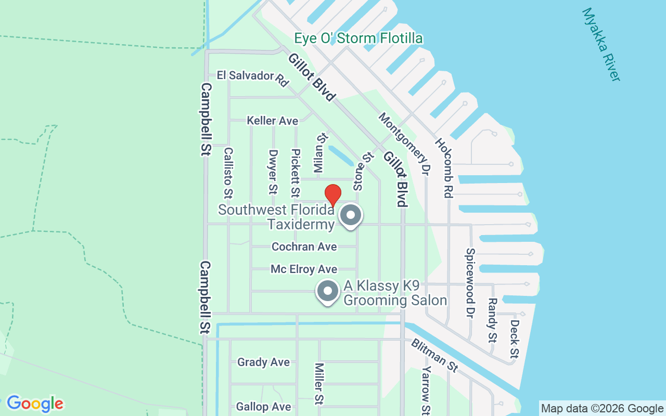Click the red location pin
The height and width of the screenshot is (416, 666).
point(333,194)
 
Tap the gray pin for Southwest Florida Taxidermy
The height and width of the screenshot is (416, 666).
point(351,215)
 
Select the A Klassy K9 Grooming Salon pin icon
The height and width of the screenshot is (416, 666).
point(328,292)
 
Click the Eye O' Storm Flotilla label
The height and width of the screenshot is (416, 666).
point(358,38)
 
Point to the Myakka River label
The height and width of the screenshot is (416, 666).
point(601,44)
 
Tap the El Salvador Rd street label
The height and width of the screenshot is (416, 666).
point(253,78)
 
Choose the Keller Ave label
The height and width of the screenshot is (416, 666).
point(273,121)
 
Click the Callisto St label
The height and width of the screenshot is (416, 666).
point(228,173)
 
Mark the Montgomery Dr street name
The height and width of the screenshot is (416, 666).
point(404,144)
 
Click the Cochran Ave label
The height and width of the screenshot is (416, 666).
point(304,246)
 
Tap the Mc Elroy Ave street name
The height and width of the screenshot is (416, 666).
point(304,269)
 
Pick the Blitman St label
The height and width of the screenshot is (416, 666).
point(434,355)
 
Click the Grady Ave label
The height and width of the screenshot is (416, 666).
point(263,362)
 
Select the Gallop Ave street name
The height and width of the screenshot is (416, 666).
point(263,407)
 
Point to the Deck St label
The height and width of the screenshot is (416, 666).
point(514,339)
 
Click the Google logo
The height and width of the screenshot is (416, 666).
point(35,404)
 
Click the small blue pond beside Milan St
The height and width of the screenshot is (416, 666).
point(339,154)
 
